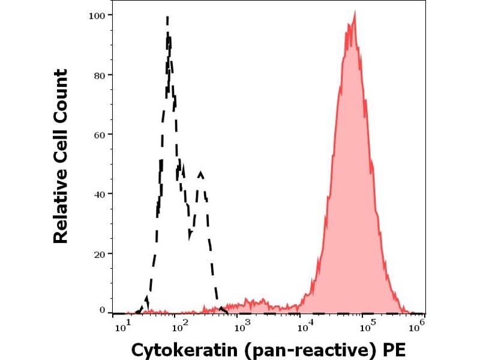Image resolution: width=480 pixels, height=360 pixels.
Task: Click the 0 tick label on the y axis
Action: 103,310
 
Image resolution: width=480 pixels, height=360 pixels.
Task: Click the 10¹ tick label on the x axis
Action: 121,326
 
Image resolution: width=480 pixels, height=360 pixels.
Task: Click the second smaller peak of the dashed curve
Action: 200,173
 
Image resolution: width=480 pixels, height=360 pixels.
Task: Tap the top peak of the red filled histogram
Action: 354,14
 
